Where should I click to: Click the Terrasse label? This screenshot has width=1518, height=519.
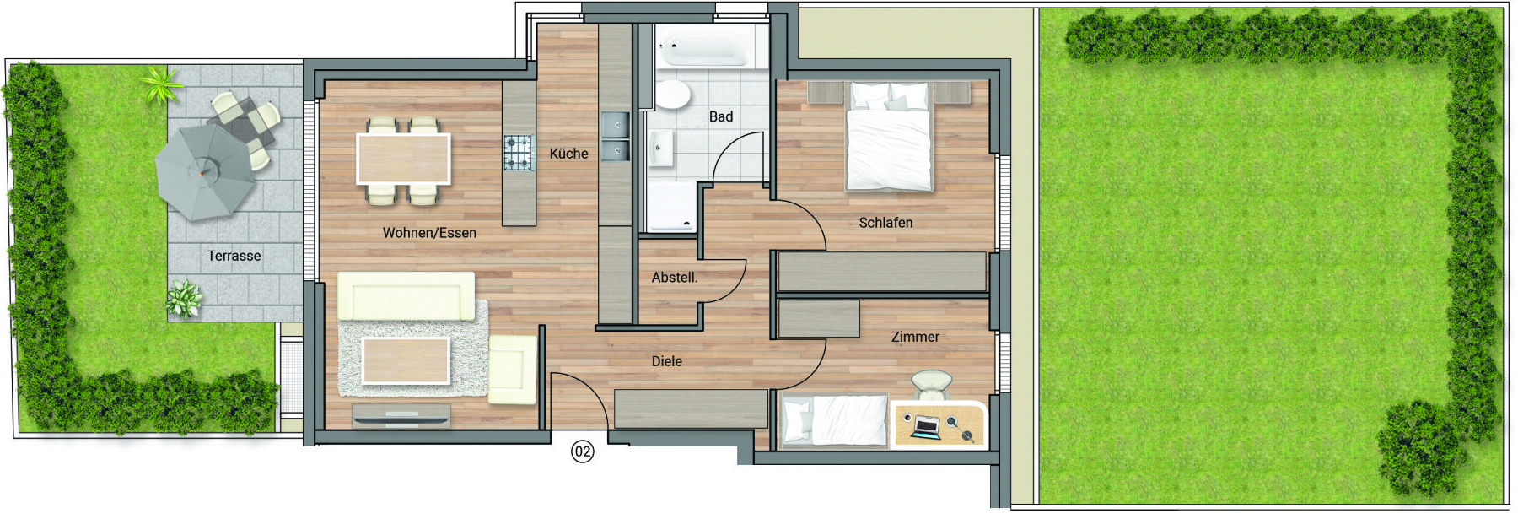point(234,256)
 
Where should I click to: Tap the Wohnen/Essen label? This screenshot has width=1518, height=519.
point(429,233)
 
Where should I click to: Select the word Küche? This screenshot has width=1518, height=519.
point(568,154)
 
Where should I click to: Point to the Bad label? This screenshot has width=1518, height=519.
point(721,116)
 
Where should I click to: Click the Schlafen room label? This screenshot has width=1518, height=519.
point(885,223)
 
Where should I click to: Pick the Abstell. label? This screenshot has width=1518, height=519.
point(675,277)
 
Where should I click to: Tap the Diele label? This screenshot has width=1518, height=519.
point(666,361)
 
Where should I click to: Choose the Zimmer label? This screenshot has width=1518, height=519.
point(915,337)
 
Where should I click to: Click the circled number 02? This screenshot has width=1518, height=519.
point(583,451)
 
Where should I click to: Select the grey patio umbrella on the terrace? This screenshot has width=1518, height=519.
point(206,172)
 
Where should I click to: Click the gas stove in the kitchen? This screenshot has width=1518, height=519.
point(519,153)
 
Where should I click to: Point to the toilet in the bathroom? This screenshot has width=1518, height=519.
point(672,95)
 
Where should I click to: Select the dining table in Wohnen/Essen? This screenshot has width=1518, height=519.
point(403,159)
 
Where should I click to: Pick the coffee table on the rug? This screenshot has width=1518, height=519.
point(405,360)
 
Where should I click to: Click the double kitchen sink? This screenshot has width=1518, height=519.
point(615,137)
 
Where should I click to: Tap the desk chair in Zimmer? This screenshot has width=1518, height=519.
point(931,385)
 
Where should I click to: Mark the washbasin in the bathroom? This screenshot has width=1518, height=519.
point(660,149)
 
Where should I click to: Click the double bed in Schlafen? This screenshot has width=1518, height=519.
point(890,136)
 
